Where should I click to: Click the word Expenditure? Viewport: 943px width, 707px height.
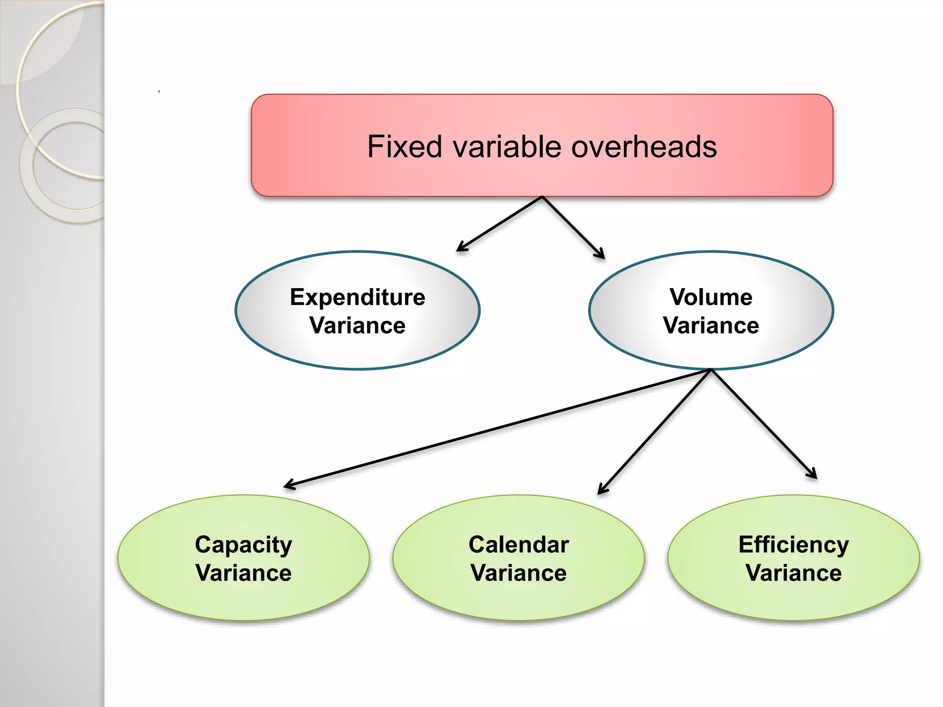[357, 297]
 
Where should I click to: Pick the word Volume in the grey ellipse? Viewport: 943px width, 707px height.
[711, 297]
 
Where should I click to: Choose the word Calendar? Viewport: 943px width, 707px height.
[518, 545]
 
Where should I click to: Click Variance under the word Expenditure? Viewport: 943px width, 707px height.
[357, 326]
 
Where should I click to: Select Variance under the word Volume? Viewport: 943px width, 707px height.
[711, 326]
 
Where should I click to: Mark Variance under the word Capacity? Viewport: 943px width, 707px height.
[243, 573]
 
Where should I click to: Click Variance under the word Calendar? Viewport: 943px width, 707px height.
[518, 573]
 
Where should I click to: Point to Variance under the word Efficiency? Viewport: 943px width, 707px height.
[793, 573]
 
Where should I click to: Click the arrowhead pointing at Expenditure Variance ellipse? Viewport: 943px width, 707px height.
[460, 249]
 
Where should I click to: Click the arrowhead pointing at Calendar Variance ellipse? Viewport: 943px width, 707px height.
[600, 492]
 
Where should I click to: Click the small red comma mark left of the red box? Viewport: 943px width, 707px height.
[159, 92]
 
